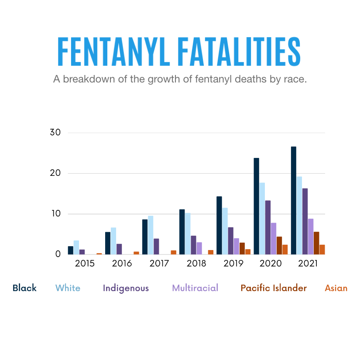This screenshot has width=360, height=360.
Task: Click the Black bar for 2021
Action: (293, 200)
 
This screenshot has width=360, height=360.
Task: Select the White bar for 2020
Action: (262, 219)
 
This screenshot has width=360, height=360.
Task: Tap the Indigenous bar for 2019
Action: (230, 241)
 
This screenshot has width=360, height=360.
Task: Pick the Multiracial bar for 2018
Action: (199, 248)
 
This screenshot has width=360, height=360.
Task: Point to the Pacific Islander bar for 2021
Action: (316, 243)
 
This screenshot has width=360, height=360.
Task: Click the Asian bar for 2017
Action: (174, 252)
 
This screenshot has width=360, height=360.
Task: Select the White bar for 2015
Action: (76, 247)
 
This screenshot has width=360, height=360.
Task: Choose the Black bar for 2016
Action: (108, 243)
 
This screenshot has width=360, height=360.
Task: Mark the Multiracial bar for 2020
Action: (274, 239)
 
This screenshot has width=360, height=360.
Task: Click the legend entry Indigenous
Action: (126, 288)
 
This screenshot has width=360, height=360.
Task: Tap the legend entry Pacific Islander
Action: (274, 288)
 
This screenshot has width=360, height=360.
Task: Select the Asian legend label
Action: (336, 288)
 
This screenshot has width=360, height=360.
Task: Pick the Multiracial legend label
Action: (195, 288)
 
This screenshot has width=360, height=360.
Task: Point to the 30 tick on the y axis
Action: (55, 132)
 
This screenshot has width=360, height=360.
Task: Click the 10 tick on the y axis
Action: (56, 213)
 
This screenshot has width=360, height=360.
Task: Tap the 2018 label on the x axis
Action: (196, 263)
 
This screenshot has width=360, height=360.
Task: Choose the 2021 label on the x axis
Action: (308, 263)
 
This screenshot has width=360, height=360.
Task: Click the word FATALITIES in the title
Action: (239, 51)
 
